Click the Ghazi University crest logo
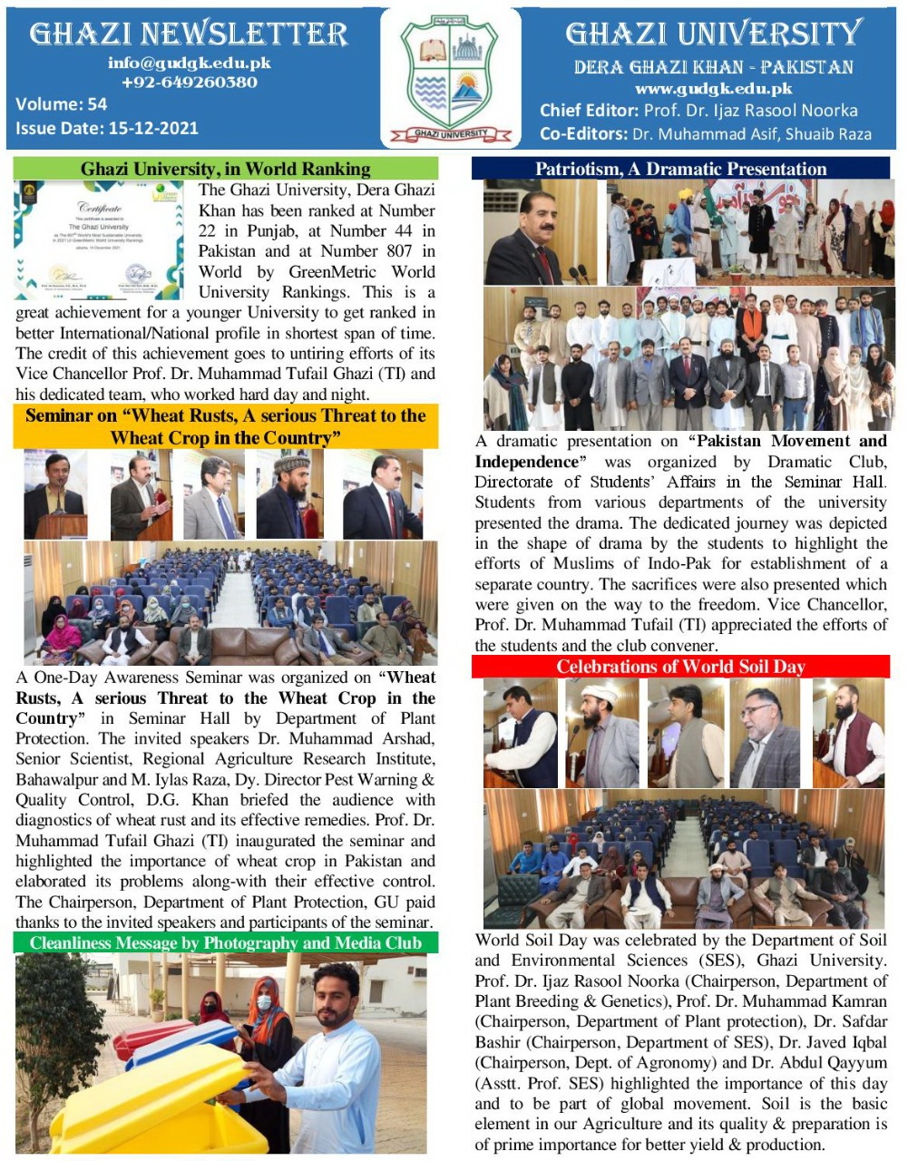pos(452,76)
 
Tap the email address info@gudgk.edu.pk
pos(189,63)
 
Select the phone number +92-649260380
pos(189,82)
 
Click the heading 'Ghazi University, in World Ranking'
pos(225,169)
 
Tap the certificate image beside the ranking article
pos(100,239)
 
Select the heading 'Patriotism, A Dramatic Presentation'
pos(680,169)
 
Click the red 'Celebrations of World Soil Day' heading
pos(680,667)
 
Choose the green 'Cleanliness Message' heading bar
pos(225,943)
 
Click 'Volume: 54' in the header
pos(61,104)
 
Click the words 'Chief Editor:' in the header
pos(590,111)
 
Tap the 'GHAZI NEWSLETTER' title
pos(189,34)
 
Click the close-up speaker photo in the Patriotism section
pos(541,232)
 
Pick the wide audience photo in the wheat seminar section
pos(230,603)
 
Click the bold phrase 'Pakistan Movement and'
pos(787,441)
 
